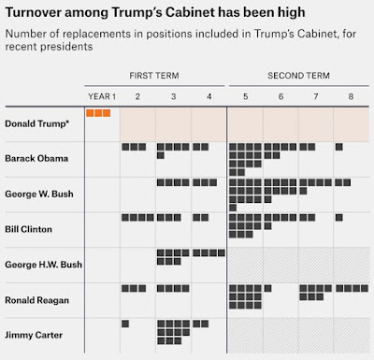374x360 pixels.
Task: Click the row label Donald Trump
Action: pos(36,123)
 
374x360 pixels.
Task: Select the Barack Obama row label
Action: pos(36,158)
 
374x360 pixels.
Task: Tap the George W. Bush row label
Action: pos(39,194)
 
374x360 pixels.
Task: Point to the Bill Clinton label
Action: pos(28,229)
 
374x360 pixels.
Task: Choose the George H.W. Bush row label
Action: pos(44,265)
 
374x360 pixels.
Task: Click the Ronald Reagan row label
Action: pos(36,300)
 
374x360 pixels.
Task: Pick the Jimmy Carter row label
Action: pos(34,335)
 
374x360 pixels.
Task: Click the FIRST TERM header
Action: pos(154,76)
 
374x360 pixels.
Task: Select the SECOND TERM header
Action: pos(298,76)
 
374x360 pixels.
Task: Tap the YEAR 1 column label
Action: pos(102,96)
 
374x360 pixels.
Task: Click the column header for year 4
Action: pos(209,96)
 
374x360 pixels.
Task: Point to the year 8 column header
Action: pos(351,96)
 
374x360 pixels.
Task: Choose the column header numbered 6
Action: pos(280,96)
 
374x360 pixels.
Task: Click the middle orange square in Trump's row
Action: pos(98,113)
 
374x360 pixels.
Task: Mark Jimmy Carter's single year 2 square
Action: pos(125,324)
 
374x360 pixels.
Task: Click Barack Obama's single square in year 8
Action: pos(339,147)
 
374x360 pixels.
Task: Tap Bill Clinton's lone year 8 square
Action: pos(339,217)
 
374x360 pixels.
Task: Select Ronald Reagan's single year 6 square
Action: pos(267,288)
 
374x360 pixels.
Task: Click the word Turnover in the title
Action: pos(33,13)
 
